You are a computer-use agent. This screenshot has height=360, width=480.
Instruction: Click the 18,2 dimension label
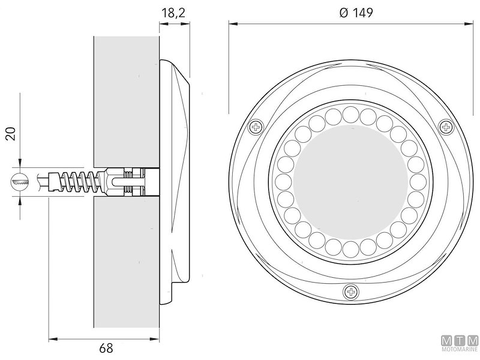(174, 12)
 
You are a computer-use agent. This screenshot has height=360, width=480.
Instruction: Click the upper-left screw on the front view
(257, 127)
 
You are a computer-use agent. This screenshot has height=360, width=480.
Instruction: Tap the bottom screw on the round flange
(351, 292)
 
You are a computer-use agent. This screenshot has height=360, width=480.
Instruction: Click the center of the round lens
(351, 181)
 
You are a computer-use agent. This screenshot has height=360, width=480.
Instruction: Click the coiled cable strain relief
(75, 179)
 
